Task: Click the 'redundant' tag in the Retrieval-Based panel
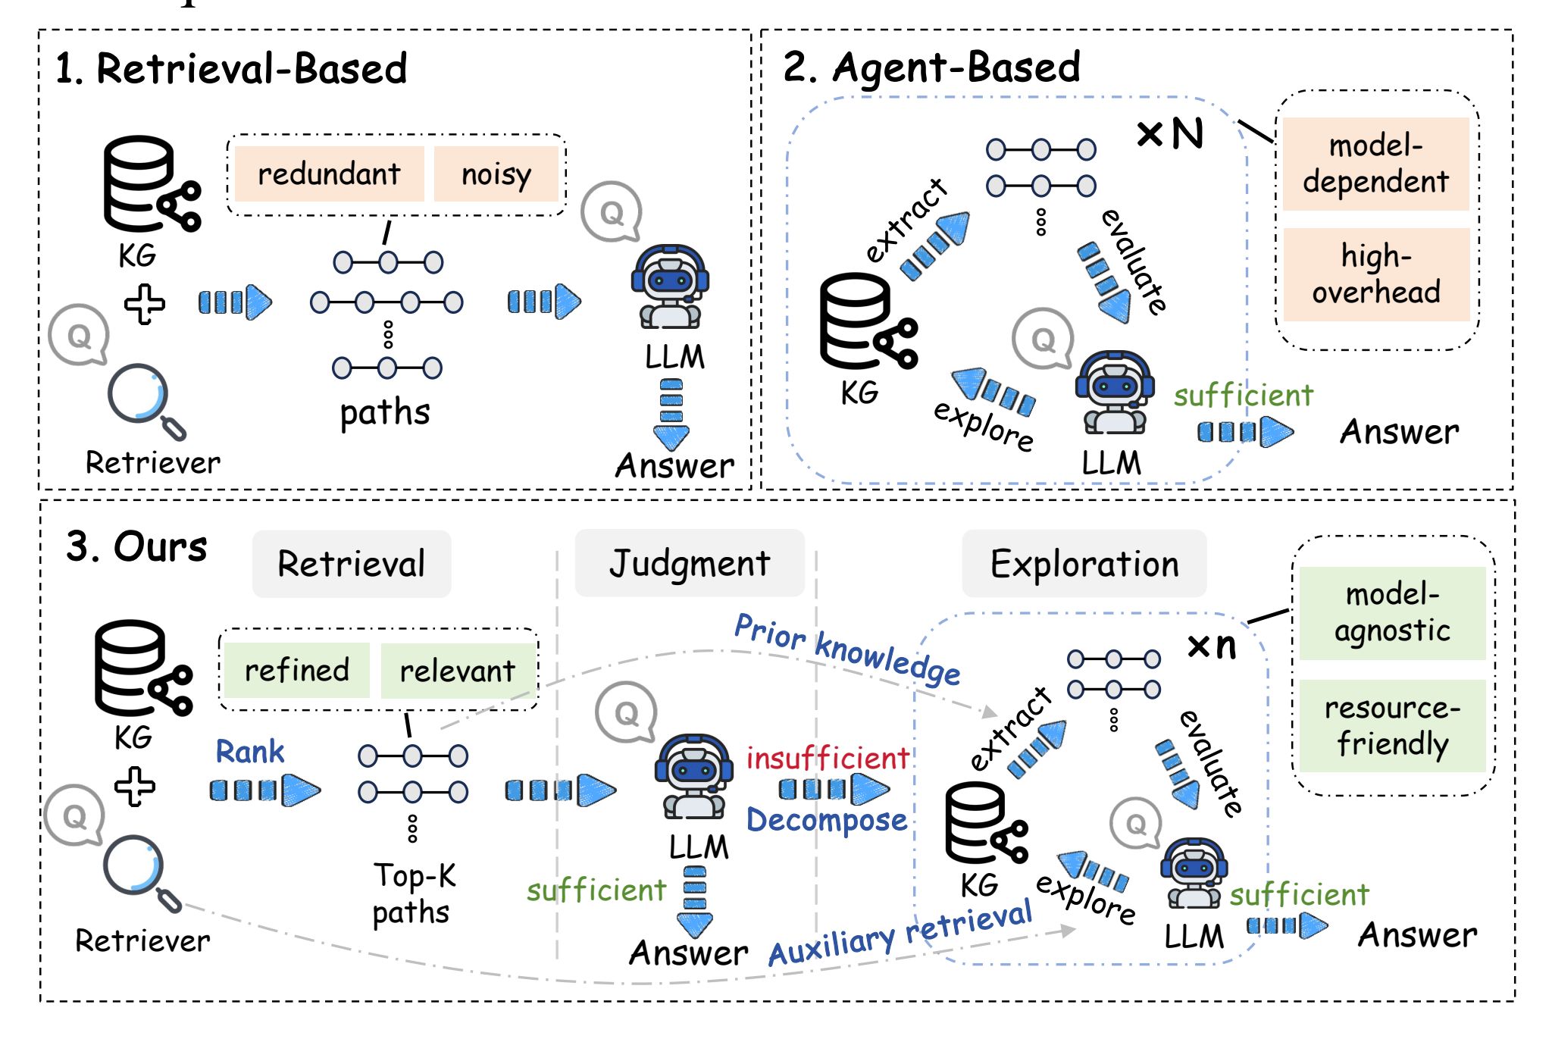329,174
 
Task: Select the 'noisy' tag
496,174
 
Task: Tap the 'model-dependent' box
1375,164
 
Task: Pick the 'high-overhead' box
1376,274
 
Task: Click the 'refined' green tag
297,670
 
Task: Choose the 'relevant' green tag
457,671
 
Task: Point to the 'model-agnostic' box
1392,612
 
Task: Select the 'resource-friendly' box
1392,725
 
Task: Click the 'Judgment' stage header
690,563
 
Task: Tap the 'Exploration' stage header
1084,564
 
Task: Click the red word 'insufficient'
828,758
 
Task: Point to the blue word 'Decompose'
827,820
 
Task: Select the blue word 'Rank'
250,751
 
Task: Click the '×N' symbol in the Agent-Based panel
1171,134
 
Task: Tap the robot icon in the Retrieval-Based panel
670,286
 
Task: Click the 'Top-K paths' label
414,893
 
